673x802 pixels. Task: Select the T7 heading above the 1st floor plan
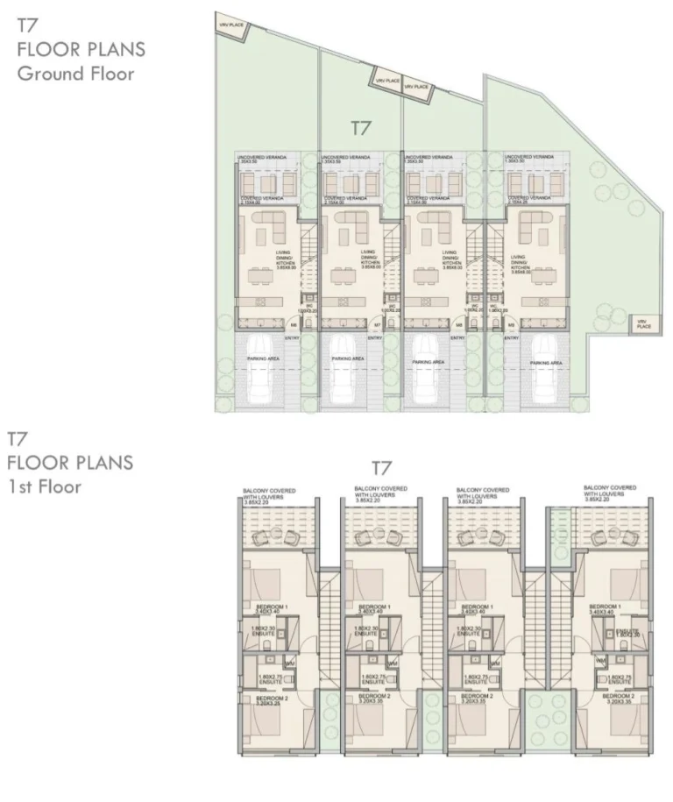381,468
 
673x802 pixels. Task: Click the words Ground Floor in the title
76,74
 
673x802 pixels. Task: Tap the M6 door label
294,323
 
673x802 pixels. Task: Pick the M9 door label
510,323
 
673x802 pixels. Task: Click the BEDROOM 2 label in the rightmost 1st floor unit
619,698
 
